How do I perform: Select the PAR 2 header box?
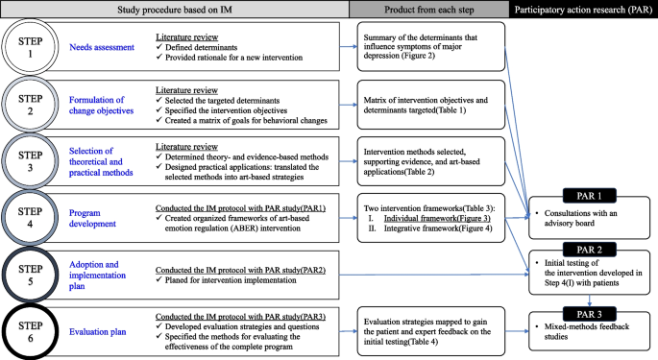tap(582, 248)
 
